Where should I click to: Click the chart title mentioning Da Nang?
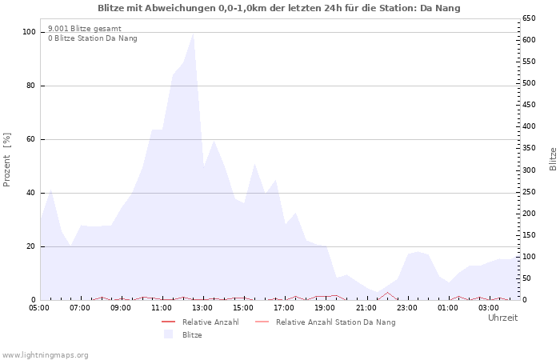279,8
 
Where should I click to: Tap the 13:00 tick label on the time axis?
202,307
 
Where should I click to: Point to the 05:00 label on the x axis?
39,307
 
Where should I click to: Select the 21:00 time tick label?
366,307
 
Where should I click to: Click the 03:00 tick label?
488,307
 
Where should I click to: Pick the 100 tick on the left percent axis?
30,32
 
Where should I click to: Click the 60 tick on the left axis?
31,139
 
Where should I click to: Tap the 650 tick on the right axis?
530,18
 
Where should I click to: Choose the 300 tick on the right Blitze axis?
530,170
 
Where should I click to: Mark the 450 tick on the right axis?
530,105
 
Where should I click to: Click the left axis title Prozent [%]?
7,160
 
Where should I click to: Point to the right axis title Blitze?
553,158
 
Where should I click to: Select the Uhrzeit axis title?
502,318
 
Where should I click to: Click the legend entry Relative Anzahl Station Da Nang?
335,322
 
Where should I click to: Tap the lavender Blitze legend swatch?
168,334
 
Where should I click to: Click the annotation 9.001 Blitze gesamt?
85,29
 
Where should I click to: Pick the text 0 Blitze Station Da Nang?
92,38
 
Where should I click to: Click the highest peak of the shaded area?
193,34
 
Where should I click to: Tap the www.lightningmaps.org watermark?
46,354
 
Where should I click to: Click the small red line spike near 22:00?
387,293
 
